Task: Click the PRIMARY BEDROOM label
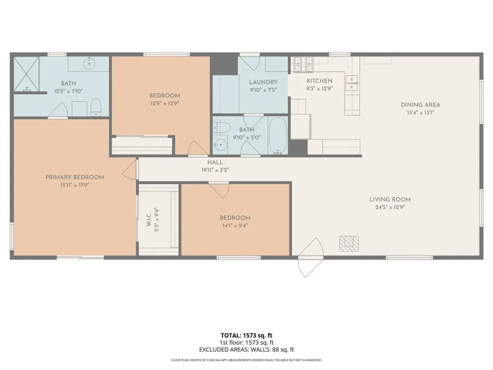coord(75,177)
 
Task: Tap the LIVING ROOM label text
coord(390,199)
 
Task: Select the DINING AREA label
coord(420,105)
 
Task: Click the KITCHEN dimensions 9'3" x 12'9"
coord(320,89)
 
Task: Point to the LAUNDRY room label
coord(263,82)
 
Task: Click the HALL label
coord(215,163)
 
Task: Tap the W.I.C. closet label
coord(149,220)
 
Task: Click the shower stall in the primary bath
coord(26,74)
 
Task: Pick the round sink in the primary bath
coord(89,64)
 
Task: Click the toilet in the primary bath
coord(96,107)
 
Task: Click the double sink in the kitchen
coord(352,83)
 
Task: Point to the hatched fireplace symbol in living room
coord(349,243)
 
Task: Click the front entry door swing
coord(311,257)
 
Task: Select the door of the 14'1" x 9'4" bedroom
coord(219,190)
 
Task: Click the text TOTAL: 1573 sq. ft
coord(246,335)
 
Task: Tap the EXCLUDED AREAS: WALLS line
coord(246,350)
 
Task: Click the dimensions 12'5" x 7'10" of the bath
coord(68,92)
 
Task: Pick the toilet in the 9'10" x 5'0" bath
coord(221,127)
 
